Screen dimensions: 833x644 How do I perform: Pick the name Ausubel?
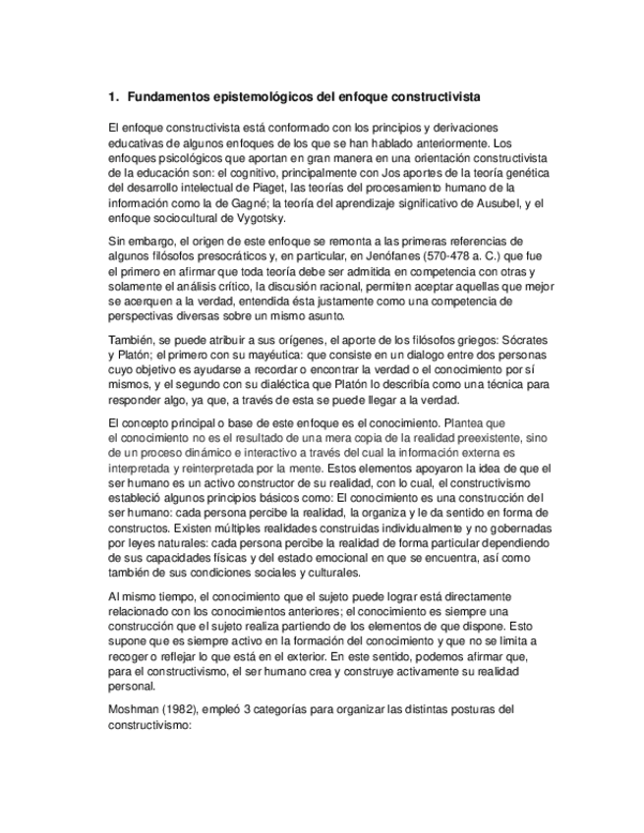[488, 202]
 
